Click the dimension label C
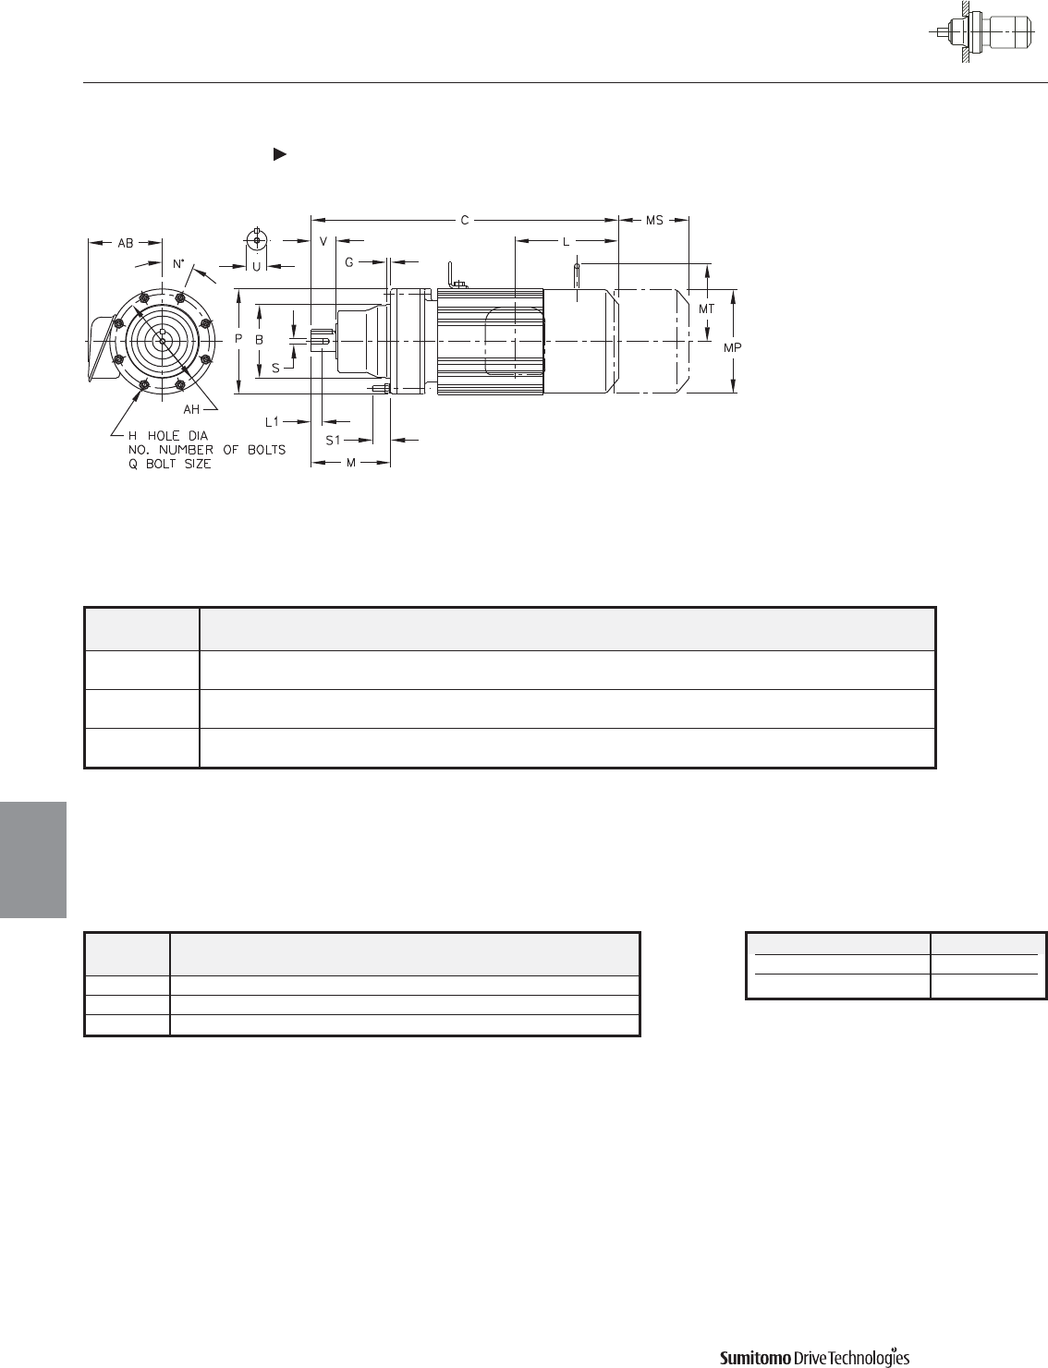(465, 221)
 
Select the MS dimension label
(654, 221)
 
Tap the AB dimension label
(126, 243)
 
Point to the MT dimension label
(707, 309)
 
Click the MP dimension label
(733, 347)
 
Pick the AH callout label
(191, 410)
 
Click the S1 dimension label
(333, 441)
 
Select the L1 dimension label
(272, 422)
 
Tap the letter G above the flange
(349, 262)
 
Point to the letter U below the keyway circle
(256, 267)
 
